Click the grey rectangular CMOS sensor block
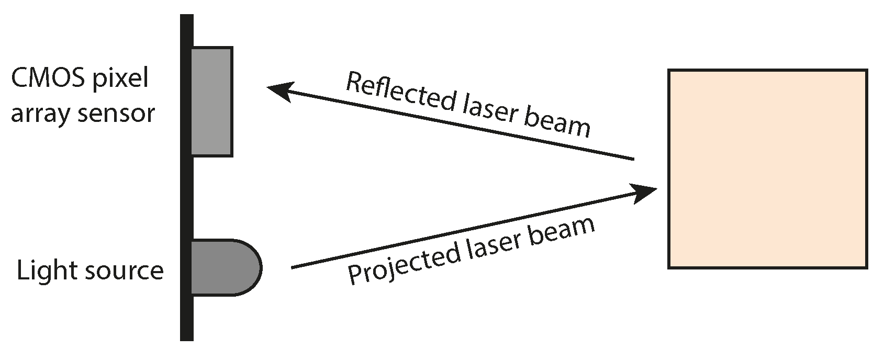coord(211,102)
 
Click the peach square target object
coord(768,169)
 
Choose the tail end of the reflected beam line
coord(633,159)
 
